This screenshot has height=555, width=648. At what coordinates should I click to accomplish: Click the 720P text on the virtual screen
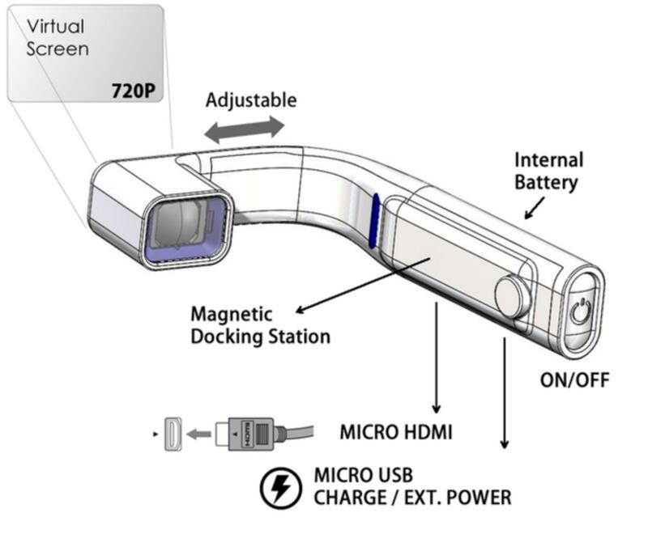coord(133,91)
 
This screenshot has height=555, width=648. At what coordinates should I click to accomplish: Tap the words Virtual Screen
coord(58,37)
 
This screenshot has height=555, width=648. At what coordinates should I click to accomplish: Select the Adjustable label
coord(251,100)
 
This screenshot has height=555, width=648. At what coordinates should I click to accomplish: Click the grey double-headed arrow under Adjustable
coord(245,129)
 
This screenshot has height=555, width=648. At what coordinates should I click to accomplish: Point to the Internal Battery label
coord(548,172)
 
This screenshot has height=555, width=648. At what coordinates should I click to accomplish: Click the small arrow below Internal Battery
coord(535,208)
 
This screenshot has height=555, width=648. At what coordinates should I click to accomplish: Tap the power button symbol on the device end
coord(581,311)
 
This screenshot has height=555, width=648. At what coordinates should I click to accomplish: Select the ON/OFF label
coord(574,380)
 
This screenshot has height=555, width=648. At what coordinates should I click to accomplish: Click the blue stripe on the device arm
coord(375,221)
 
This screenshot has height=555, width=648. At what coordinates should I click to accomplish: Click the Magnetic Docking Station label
coord(260,325)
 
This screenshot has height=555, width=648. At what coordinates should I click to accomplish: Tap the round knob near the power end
coord(513,297)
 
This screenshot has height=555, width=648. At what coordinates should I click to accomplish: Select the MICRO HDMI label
coord(396,433)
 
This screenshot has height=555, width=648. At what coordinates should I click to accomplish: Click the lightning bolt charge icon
coord(280,488)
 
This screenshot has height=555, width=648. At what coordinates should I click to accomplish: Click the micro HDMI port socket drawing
coord(173,434)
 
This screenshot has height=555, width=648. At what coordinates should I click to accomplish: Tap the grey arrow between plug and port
coord(198,434)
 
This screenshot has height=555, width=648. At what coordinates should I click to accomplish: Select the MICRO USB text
coord(363,475)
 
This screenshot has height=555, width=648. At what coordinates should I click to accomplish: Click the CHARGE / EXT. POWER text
coord(412,498)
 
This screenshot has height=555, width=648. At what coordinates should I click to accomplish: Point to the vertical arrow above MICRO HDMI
coord(436,358)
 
